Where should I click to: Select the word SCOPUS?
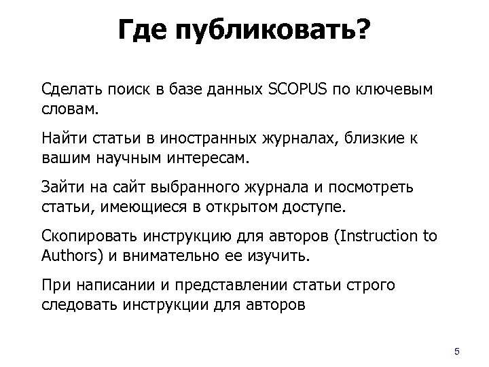click(299, 89)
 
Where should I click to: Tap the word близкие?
click(373, 139)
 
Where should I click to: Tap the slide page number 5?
click(456, 351)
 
